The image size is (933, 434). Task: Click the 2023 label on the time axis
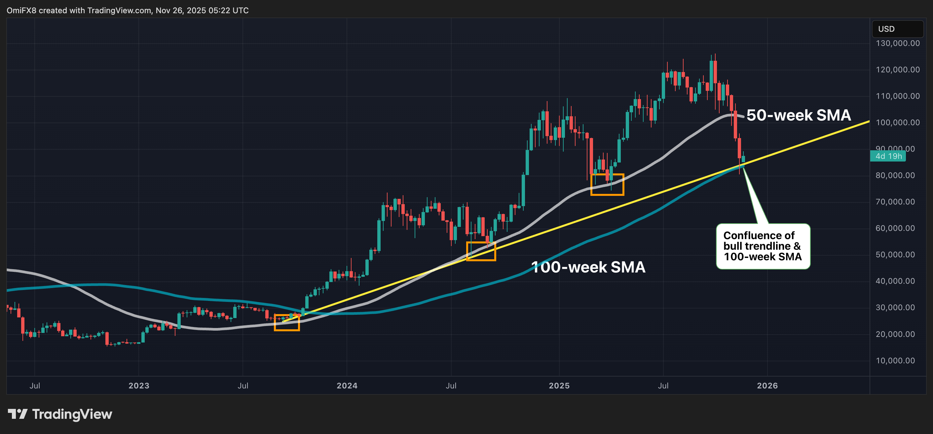139,385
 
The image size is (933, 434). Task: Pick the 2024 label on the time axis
347,385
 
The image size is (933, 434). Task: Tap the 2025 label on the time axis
559,385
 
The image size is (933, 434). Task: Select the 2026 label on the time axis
767,385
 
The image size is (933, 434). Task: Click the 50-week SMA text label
798,115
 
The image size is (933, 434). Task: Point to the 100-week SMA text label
588,267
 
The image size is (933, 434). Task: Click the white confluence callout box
763,246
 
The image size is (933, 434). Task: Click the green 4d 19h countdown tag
888,156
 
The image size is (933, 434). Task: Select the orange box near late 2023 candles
286,322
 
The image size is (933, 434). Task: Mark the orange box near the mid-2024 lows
481,251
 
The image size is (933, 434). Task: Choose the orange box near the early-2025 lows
607,185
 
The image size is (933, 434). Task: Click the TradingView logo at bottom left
60,414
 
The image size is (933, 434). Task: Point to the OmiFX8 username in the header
21,11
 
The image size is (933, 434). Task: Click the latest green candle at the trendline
743,159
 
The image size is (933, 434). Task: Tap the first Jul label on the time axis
35,385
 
